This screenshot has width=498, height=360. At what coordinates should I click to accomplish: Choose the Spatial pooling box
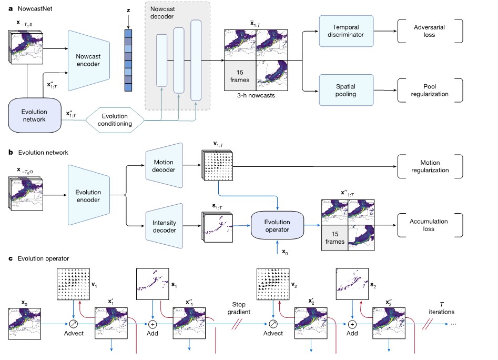click(347, 89)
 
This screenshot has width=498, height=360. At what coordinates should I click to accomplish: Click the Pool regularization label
click(430, 89)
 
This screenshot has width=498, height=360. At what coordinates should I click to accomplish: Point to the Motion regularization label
click(430, 166)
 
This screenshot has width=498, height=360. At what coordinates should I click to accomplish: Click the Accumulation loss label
click(430, 226)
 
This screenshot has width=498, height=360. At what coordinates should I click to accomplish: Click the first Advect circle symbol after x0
click(73, 324)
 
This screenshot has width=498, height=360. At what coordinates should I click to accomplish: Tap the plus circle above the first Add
click(153, 324)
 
